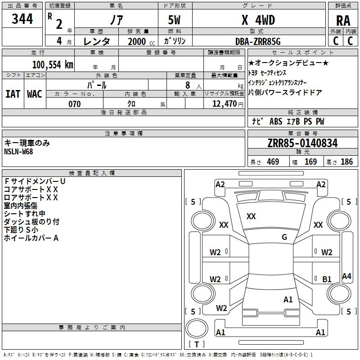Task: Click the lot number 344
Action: click(22, 19)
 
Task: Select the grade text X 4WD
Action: click(258, 20)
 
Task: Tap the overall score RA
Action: click(343, 21)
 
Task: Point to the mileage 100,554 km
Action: click(53, 65)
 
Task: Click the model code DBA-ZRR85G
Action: click(258, 41)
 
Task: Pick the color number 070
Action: click(75, 104)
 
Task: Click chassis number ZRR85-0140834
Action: click(302, 143)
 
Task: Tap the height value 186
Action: click(346, 162)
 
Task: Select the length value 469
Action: click(273, 162)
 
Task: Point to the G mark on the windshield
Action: click(284, 237)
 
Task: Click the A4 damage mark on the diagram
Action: click(346, 276)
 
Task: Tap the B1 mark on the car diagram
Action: click(327, 279)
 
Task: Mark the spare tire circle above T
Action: click(197, 328)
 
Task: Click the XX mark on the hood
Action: click(251, 216)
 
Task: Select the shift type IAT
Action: click(13, 94)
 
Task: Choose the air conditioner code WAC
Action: click(35, 94)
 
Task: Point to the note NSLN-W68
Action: click(18, 152)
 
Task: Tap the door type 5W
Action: click(174, 20)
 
